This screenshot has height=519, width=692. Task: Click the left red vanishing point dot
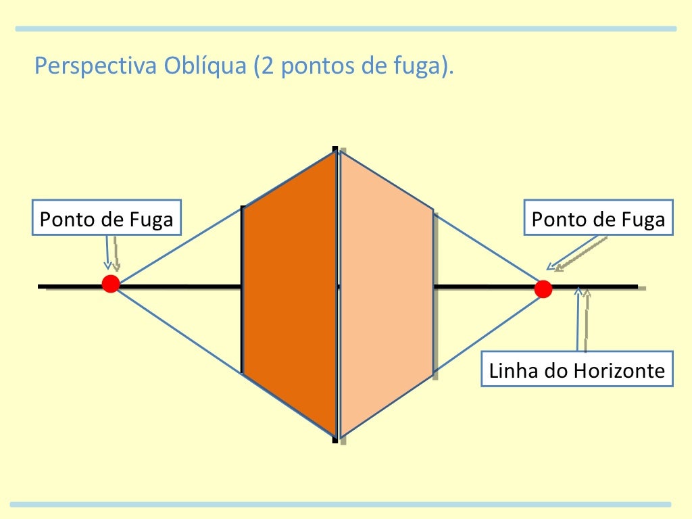click(x=111, y=284)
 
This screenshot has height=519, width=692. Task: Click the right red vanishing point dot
click(x=543, y=289)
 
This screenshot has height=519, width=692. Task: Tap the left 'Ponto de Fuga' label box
click(x=107, y=220)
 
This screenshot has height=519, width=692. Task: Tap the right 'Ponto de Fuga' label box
click(x=598, y=220)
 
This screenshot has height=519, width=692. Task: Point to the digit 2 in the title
click(x=265, y=68)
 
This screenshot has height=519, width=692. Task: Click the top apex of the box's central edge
click(x=336, y=151)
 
